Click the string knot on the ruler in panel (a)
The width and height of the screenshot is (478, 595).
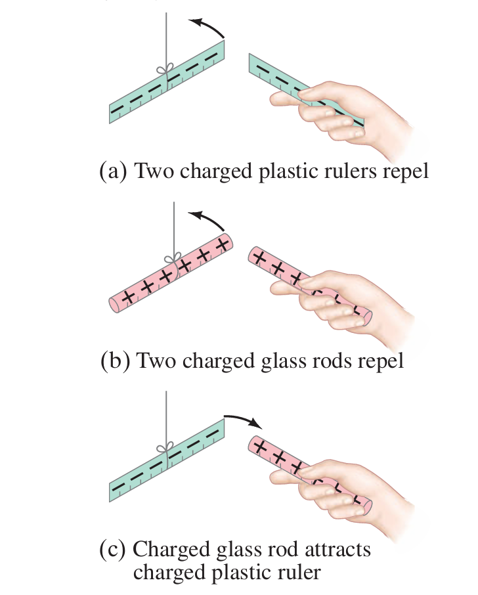pyautogui.click(x=166, y=70)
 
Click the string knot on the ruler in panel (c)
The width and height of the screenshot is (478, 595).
pyautogui.click(x=166, y=450)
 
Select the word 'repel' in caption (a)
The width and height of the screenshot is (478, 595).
pyautogui.click(x=404, y=171)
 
